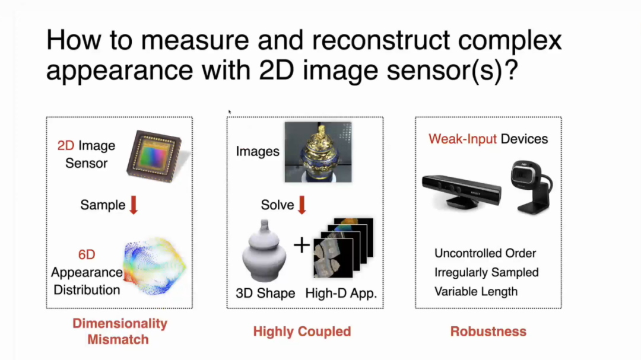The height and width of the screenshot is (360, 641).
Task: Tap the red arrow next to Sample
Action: [x=134, y=205]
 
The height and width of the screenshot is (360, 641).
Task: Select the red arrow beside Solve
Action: [x=302, y=205]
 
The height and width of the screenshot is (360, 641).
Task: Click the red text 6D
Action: [x=87, y=254]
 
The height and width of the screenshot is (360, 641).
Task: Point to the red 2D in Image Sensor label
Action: [x=66, y=145]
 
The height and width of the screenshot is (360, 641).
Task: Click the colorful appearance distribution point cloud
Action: [x=154, y=266]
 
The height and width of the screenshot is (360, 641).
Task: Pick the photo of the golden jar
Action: [x=318, y=152]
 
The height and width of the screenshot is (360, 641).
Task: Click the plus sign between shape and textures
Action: [x=302, y=245]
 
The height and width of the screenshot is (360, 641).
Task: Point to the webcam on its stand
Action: [x=531, y=187]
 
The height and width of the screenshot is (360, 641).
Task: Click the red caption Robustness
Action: [x=488, y=332]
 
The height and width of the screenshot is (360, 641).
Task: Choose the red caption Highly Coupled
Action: [x=302, y=332]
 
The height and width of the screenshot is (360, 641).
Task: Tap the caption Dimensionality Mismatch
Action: [x=119, y=332]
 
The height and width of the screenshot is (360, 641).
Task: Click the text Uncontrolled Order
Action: [x=485, y=253]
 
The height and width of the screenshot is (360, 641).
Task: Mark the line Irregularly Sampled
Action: [x=487, y=273]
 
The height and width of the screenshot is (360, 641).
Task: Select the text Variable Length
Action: [x=476, y=292]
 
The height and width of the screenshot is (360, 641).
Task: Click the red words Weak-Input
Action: [x=462, y=139]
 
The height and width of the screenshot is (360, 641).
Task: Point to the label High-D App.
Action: [x=341, y=294]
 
